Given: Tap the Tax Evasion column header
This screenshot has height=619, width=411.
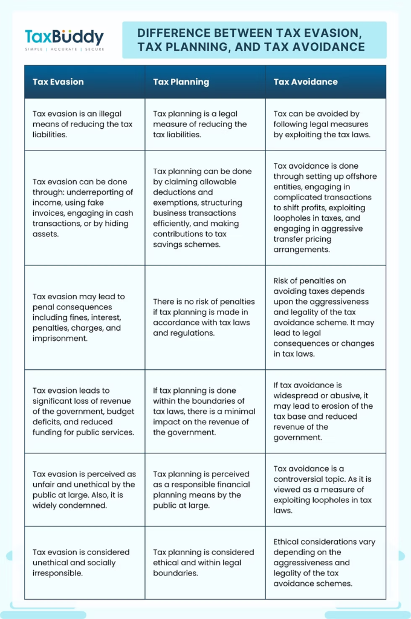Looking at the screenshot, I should point(58,82).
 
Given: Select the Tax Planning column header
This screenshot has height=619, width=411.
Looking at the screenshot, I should point(181,82).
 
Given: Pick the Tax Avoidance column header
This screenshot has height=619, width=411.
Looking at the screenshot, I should point(305,82).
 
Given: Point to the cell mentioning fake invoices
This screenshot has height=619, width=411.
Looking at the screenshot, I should point(84,207).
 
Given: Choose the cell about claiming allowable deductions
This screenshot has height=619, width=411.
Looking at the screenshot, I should point(205,207).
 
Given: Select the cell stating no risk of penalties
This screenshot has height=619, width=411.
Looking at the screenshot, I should point(205,317).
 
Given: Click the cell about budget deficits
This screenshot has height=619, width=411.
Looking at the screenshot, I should point(84,412).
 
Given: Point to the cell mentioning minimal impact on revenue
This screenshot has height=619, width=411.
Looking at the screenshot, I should point(205,412).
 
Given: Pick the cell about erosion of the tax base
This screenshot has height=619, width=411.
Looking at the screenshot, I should point(325,412).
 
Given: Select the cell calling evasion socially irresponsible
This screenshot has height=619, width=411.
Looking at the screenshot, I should point(84,563).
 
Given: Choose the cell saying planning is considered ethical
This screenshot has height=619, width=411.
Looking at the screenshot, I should point(205,563).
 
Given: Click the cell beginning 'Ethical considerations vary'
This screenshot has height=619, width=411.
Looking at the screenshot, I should point(325,563).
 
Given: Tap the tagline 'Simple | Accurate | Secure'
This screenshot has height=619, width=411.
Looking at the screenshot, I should point(64,49).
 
